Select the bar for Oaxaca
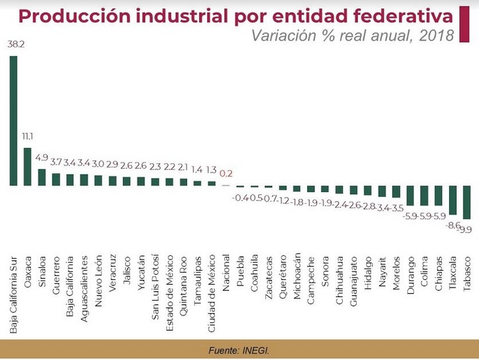(27, 166)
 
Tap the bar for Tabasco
(466, 202)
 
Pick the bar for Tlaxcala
(452, 200)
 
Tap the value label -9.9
(464, 228)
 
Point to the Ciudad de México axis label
(212, 272)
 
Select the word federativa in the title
(395, 15)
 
